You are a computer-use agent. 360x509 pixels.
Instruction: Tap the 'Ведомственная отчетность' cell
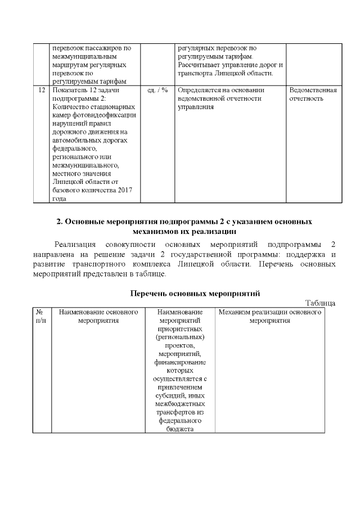pos(312,94)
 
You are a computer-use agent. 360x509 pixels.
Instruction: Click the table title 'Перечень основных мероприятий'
pos(194,293)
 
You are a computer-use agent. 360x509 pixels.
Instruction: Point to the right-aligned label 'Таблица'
pos(320,303)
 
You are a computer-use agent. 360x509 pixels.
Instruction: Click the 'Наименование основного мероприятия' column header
pos(98,316)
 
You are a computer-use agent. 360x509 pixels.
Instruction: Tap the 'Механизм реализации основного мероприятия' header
pos(269,316)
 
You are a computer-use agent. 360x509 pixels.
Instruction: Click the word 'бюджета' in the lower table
pos(180,429)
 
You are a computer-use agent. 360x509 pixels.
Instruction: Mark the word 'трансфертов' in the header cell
pos(180,412)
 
